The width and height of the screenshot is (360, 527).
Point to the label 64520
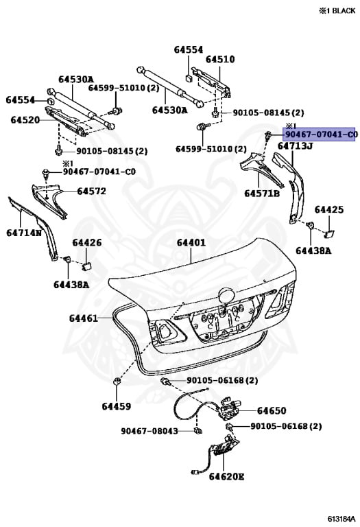(x=25, y=120)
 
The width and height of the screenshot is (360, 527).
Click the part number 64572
(x=91, y=191)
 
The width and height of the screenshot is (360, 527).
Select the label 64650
(x=272, y=411)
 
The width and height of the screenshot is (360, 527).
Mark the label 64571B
(x=262, y=194)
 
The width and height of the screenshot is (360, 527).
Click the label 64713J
(x=295, y=145)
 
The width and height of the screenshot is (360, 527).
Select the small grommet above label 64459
(x=117, y=381)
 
